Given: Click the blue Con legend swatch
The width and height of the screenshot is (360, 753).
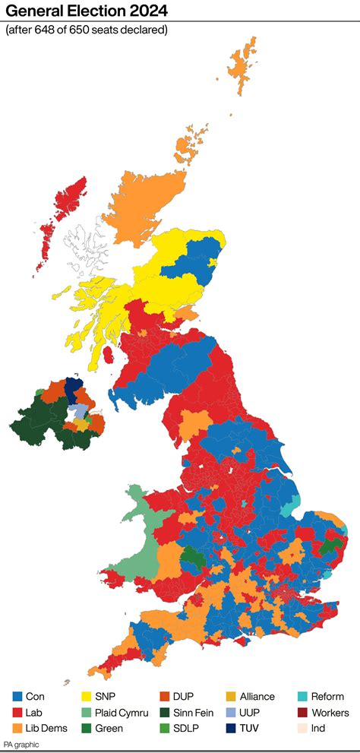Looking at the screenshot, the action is [x=17, y=697].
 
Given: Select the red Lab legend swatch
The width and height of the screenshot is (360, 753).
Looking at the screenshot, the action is [x=17, y=713].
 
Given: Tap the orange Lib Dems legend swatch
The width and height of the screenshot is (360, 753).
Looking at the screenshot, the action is [x=17, y=728].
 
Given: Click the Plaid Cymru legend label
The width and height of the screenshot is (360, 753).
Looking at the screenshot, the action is [x=122, y=713].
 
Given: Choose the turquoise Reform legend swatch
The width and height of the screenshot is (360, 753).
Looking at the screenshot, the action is [x=302, y=697].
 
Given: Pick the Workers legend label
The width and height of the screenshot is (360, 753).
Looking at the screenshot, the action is [x=331, y=713].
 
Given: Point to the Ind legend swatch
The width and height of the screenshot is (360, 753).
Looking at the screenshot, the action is [x=302, y=728].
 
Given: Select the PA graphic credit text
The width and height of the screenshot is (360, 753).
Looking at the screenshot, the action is [x=21, y=745].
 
